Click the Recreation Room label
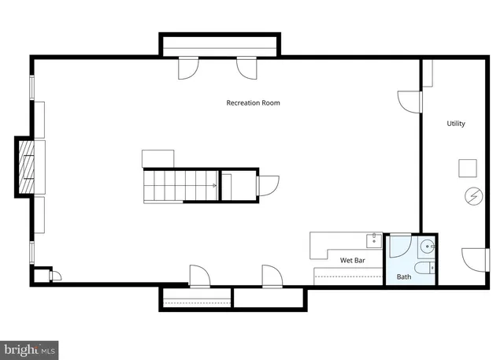(253, 103)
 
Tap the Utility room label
(456, 124)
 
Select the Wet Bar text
(352, 260)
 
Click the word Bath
(404, 276)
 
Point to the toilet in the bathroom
(424, 267)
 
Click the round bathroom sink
(427, 247)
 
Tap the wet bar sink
(374, 241)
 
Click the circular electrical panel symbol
(474, 196)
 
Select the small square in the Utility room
(467, 168)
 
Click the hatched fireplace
(26, 167)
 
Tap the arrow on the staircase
(214, 185)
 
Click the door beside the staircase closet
(268, 186)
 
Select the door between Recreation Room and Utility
(409, 102)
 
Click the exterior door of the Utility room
(476, 260)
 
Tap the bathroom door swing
(401, 247)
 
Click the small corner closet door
(55, 276)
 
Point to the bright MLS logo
(29, 350)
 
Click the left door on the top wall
(188, 69)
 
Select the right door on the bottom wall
(272, 276)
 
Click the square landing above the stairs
(157, 159)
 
